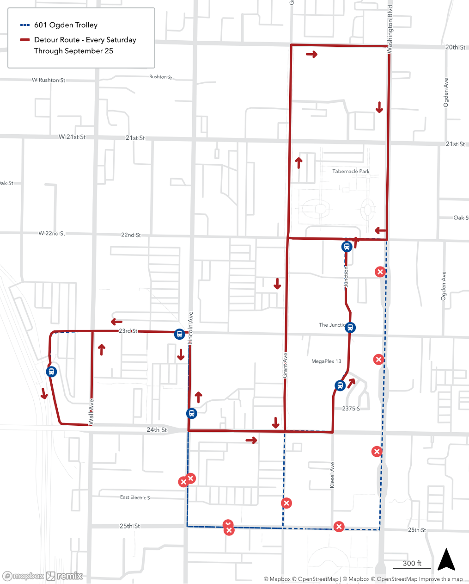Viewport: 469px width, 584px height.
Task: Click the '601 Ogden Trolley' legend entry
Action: point(66,25)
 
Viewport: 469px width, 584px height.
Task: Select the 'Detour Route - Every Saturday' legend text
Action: point(85,40)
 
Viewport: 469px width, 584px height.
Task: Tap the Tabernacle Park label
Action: point(351,171)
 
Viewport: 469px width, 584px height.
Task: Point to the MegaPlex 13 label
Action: point(326,361)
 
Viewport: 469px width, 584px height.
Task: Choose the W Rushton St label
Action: point(49,80)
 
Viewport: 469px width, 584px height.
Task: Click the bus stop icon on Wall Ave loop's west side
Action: point(52,372)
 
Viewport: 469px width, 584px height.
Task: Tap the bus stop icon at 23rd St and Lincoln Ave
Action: point(179,334)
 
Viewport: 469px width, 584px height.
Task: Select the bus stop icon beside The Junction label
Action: point(350,328)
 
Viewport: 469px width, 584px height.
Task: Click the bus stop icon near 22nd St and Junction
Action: point(347,247)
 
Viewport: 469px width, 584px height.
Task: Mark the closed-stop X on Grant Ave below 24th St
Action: point(286,503)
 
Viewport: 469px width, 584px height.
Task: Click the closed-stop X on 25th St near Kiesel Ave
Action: point(339,527)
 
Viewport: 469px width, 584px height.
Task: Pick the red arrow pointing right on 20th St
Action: point(312,55)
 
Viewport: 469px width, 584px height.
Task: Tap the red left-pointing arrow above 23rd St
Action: point(116,322)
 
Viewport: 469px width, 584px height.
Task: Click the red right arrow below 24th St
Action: point(251,440)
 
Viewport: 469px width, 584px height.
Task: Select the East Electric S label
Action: point(135,497)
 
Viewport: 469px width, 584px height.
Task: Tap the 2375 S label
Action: point(351,409)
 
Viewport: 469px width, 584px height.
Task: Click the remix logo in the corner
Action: point(65,576)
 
